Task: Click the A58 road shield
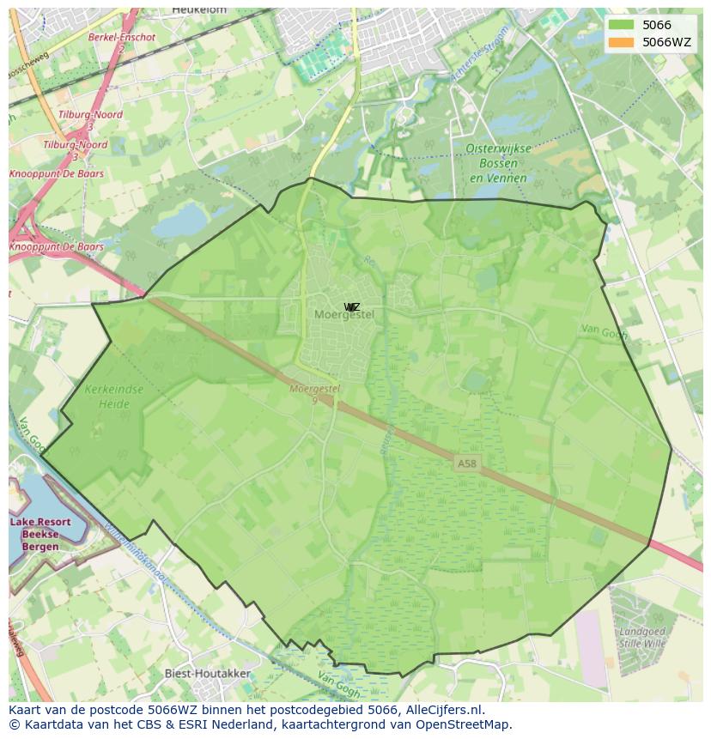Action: click(x=466, y=463)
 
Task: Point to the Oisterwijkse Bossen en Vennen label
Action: click(x=498, y=162)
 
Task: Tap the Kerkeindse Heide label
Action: click(x=114, y=396)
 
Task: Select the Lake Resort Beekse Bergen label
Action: click(x=40, y=534)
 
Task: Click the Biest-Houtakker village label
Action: click(x=208, y=674)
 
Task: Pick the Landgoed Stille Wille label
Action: click(x=641, y=636)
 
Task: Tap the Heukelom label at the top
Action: click(x=198, y=9)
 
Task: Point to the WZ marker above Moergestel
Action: click(x=352, y=306)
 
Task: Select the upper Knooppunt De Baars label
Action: click(x=57, y=174)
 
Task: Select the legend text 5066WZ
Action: click(x=666, y=42)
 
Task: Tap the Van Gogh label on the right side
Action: click(x=604, y=330)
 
